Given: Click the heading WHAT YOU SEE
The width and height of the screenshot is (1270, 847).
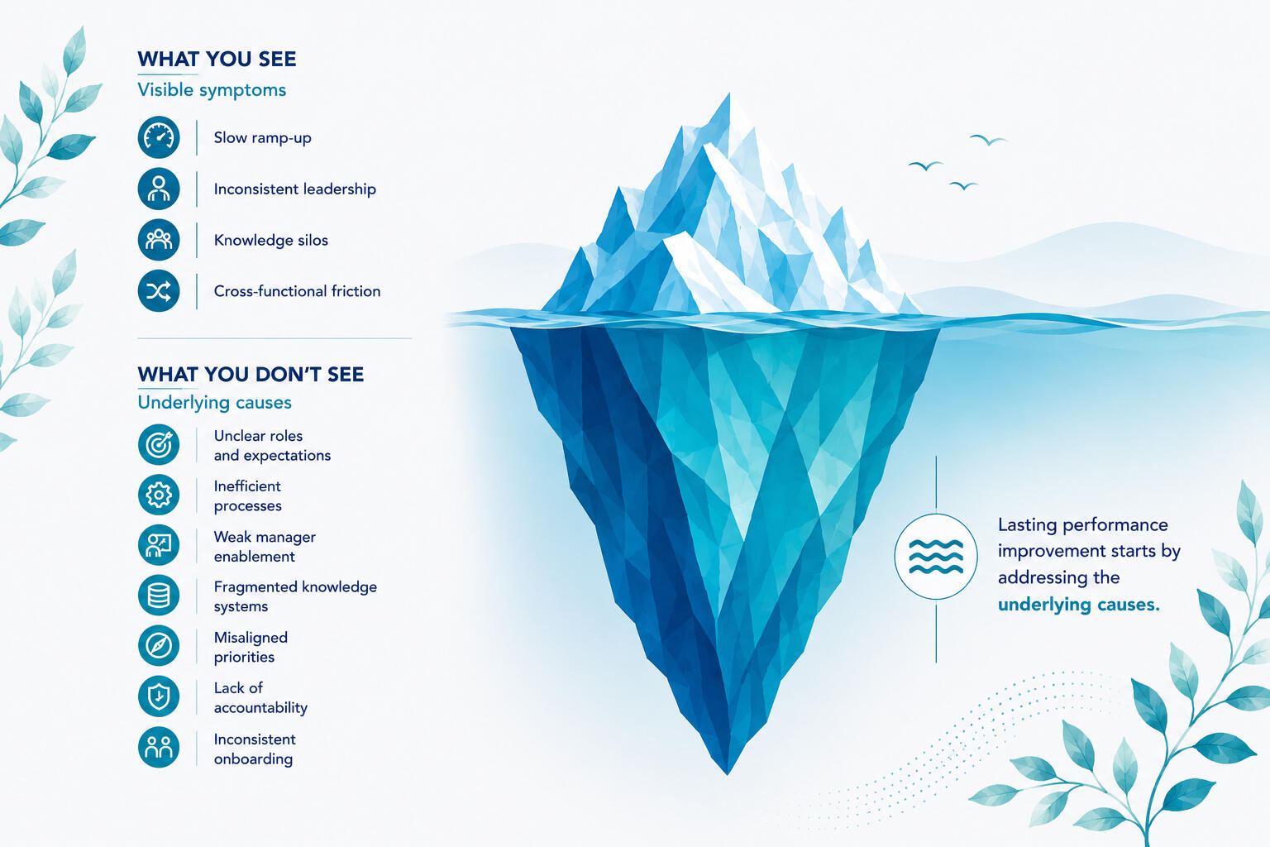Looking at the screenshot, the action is tap(217, 59).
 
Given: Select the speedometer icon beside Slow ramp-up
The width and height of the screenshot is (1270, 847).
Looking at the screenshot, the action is tap(159, 137).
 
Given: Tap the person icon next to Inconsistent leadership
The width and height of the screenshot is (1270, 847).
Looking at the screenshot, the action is tap(159, 189).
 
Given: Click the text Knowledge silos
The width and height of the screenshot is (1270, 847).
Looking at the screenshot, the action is tap(271, 240).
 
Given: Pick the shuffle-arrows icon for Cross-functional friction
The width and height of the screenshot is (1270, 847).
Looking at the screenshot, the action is tap(159, 291).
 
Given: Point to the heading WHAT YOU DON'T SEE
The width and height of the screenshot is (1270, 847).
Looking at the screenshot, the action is tap(251, 375).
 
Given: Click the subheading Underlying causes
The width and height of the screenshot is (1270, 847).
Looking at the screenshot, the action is tap(214, 402).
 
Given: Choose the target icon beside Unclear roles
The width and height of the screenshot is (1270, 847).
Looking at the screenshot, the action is tap(159, 445).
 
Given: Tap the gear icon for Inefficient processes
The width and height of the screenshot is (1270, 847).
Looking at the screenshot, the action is tap(159, 495).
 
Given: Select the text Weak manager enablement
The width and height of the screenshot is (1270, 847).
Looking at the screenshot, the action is tap(265, 546).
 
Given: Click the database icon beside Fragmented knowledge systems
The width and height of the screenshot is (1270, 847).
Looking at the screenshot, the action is tap(159, 595).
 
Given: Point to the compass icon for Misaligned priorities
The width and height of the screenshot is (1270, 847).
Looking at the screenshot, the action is tap(159, 646).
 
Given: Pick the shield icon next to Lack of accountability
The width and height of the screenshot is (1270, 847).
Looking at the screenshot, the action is tap(159, 696).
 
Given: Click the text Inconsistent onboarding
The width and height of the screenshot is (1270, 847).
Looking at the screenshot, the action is tap(255, 749).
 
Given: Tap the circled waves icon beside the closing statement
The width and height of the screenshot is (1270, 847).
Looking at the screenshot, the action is tap(936, 557).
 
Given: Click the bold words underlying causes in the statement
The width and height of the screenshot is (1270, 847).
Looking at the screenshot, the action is tap(1079, 604).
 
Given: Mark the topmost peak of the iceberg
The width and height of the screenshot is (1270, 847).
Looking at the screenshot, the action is tap(728, 94).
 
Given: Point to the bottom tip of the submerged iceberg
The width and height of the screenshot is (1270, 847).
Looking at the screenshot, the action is tap(728, 773).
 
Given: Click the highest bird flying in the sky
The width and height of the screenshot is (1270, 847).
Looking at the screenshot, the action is tap(988, 140).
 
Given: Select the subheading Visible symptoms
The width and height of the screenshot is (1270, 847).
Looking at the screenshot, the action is tap(212, 90).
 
